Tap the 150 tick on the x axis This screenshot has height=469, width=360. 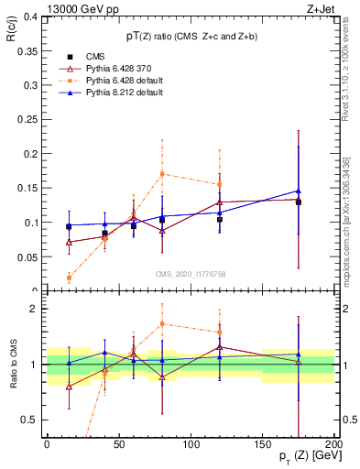coord(264,444)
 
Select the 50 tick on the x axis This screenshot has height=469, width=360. coord(119,444)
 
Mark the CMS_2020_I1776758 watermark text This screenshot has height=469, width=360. coord(190,274)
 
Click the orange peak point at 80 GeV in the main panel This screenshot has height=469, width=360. coord(162,173)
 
